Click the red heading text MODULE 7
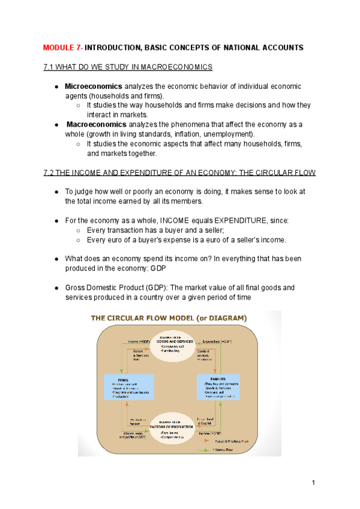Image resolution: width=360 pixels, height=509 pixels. (62, 47)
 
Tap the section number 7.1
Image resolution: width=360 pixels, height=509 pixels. (50, 67)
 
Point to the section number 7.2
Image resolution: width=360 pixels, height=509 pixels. (50, 173)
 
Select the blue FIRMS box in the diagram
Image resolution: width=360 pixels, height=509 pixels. (129, 387)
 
